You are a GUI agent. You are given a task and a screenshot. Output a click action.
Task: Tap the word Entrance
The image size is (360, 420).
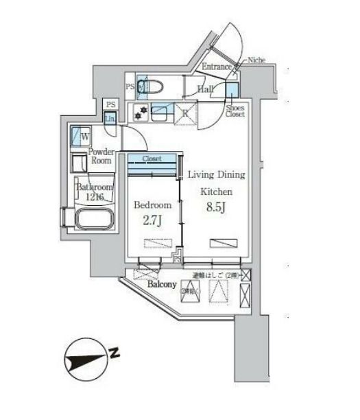[x=217, y=66]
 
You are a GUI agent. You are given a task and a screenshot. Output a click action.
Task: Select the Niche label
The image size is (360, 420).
[x=257, y=60]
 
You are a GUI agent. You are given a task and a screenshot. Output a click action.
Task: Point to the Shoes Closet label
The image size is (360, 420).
[x=235, y=110]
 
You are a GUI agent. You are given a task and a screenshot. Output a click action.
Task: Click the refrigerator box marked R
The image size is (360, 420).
[x=184, y=114]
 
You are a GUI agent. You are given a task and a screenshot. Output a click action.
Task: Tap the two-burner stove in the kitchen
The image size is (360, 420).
[x=141, y=113]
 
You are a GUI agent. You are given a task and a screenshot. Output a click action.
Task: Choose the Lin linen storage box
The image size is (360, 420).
[x=110, y=118]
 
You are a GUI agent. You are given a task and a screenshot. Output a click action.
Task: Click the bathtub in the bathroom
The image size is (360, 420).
[x=95, y=221]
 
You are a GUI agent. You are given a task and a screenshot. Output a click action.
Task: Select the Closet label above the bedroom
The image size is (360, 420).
[x=152, y=159]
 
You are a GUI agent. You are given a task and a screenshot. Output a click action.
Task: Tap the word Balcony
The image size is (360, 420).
[x=161, y=284]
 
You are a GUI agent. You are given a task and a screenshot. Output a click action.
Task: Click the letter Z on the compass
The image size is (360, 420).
[x=115, y=354]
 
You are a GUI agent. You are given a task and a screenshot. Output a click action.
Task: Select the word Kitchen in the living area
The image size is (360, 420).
[x=216, y=191]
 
